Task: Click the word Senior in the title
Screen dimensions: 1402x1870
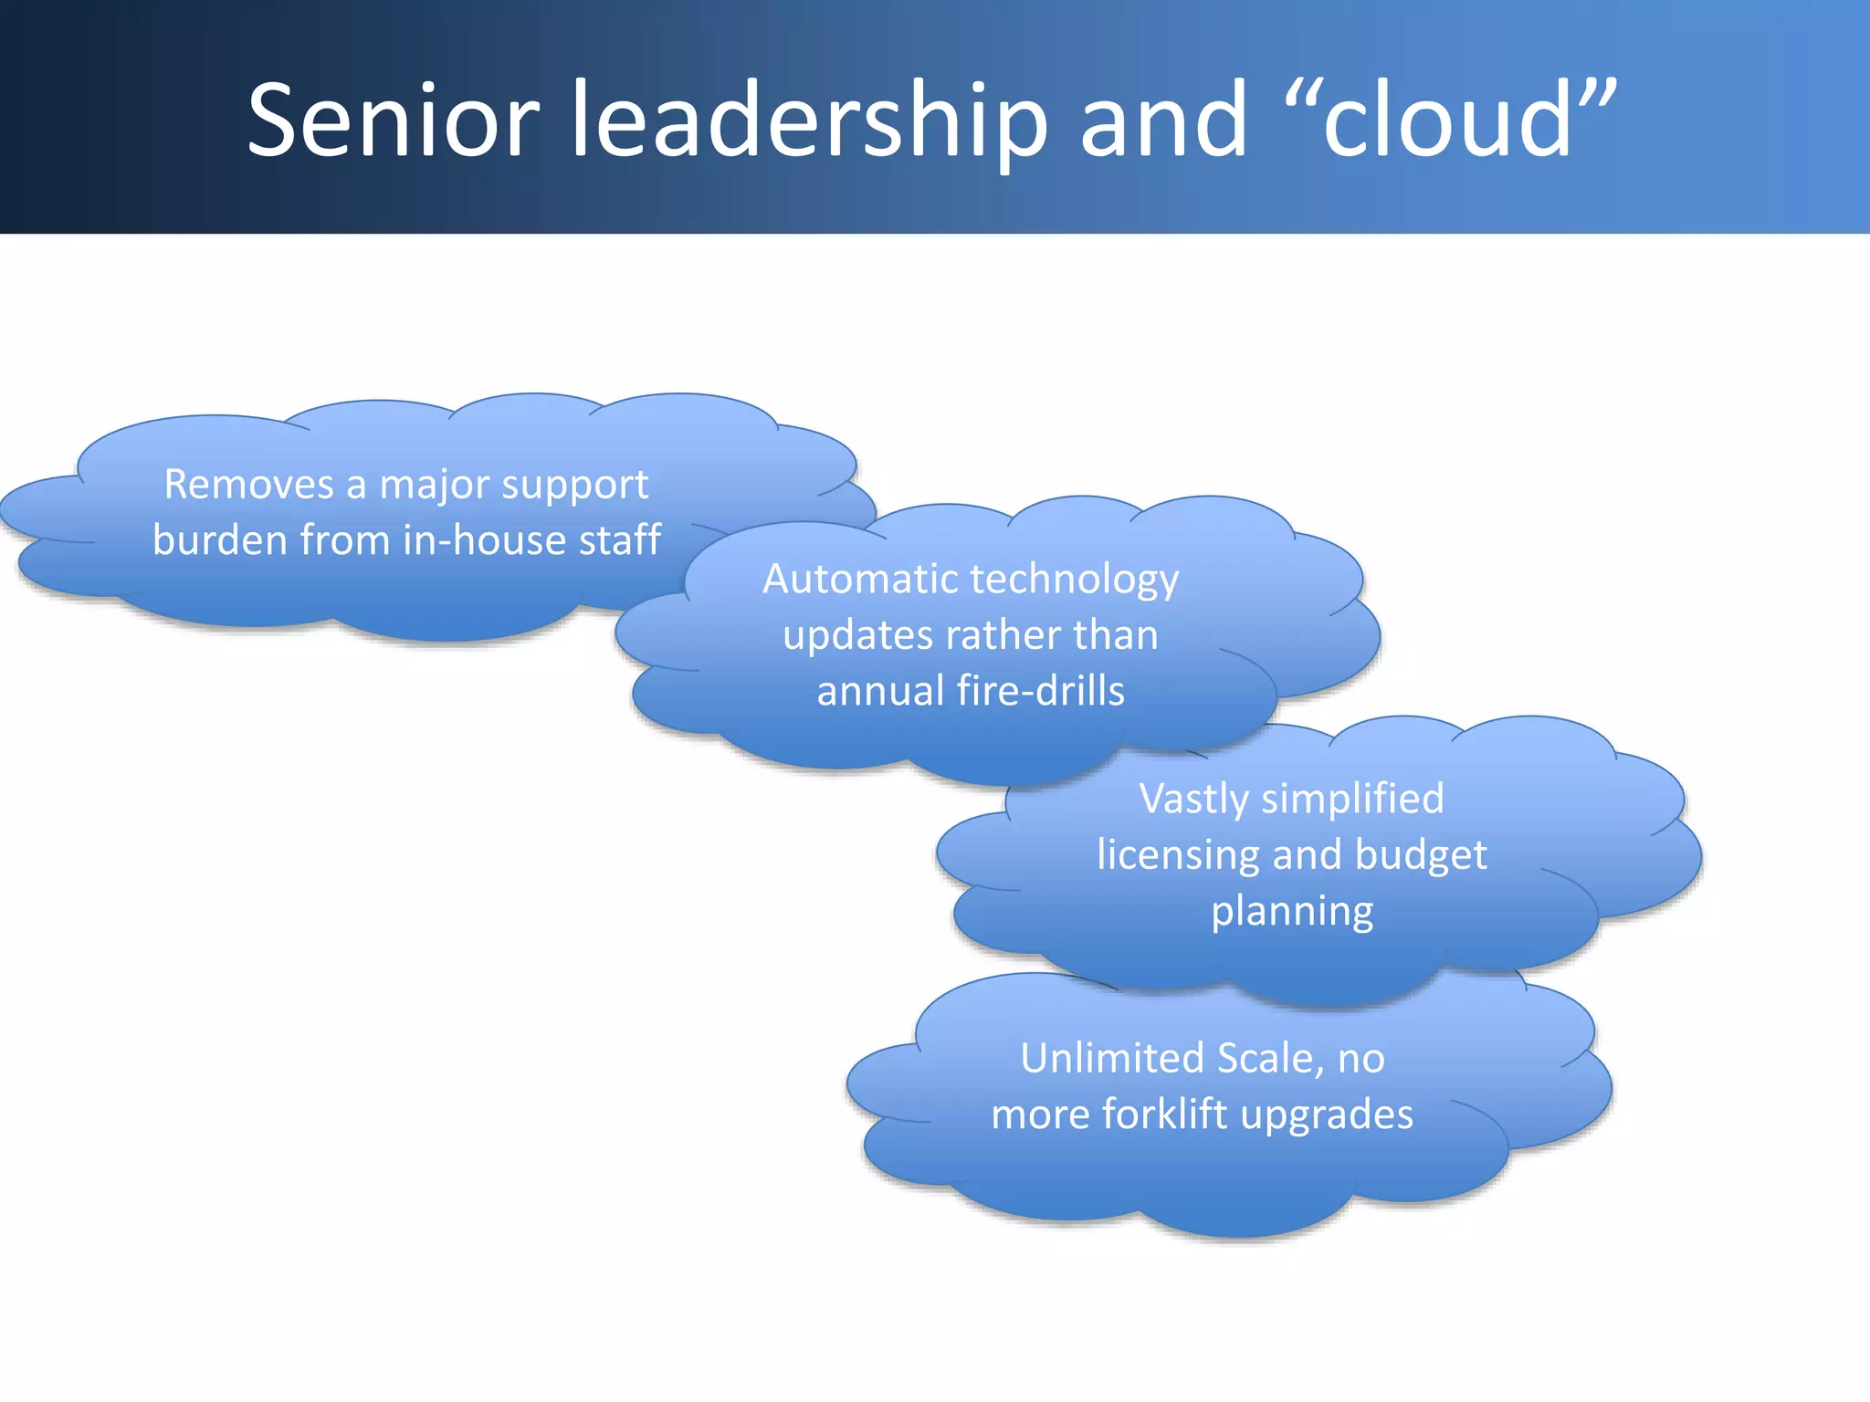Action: [x=394, y=120]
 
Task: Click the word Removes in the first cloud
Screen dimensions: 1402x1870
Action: [x=248, y=484]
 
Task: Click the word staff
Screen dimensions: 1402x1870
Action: [x=620, y=539]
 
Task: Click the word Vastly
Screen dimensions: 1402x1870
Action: [x=1194, y=800]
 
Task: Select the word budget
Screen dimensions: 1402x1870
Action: [x=1421, y=856]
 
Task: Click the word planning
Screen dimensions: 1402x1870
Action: [x=1292, y=912]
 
